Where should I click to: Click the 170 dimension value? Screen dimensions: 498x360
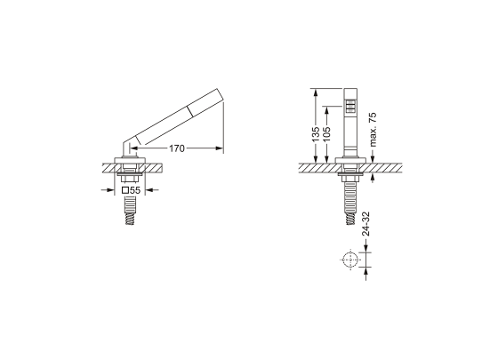pos(177,148)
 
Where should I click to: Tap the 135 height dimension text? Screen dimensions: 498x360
pos(316,134)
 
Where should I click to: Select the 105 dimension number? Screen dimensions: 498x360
pos(326,134)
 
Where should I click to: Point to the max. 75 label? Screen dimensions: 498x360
pos(373,129)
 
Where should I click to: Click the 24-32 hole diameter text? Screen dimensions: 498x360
pos(366,223)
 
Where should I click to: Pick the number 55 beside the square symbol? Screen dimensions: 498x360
pos(135,190)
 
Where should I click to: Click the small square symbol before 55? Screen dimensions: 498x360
pos(125,190)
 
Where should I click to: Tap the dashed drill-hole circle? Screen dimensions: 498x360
pos(350,260)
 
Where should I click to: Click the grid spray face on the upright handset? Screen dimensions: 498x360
pos(350,107)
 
